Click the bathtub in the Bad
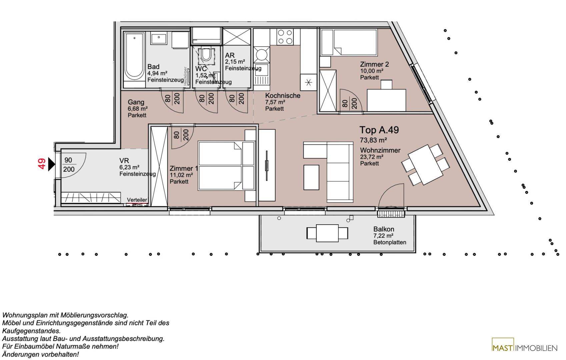pos(134,60)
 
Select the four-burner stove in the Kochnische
pos(285,37)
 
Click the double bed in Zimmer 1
pos(227,166)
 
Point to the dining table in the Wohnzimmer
pos(426,164)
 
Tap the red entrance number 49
pos(42,163)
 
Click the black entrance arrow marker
pos(52,164)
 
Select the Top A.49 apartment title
pos(379,130)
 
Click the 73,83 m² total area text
pos(373,140)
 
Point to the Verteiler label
pos(137,200)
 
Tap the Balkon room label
pos(384,229)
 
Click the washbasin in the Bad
pos(159,38)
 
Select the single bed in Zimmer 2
pos(349,42)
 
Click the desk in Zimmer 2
pos(386,100)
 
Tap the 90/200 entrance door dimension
pos(69,164)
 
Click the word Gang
pos(136,102)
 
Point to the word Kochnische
pos(282,95)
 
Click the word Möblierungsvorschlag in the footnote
pos(94,315)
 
